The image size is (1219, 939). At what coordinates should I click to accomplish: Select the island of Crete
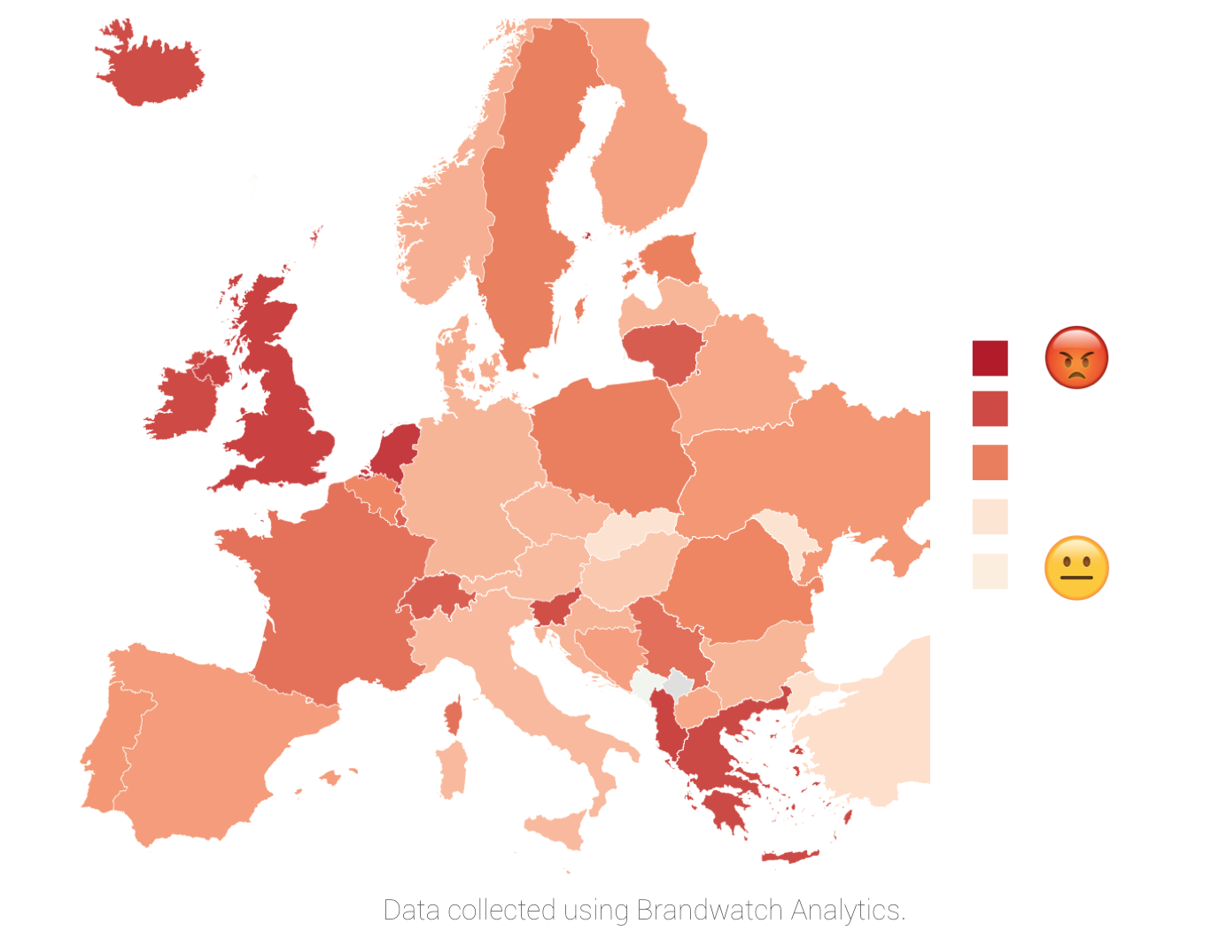point(790,856)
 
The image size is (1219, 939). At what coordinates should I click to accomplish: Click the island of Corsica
point(454,716)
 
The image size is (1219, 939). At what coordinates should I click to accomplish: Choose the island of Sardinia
point(452,769)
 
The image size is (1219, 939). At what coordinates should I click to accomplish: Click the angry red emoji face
point(1076,358)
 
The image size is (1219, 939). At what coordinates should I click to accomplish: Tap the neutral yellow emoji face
point(1076,568)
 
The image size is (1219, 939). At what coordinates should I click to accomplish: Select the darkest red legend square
point(990,358)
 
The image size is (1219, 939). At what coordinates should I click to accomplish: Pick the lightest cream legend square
point(990,571)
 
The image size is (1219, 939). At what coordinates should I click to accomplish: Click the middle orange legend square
point(990,462)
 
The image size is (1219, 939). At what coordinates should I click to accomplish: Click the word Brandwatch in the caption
point(709,910)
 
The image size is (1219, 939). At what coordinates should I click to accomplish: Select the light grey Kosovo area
point(679,685)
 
